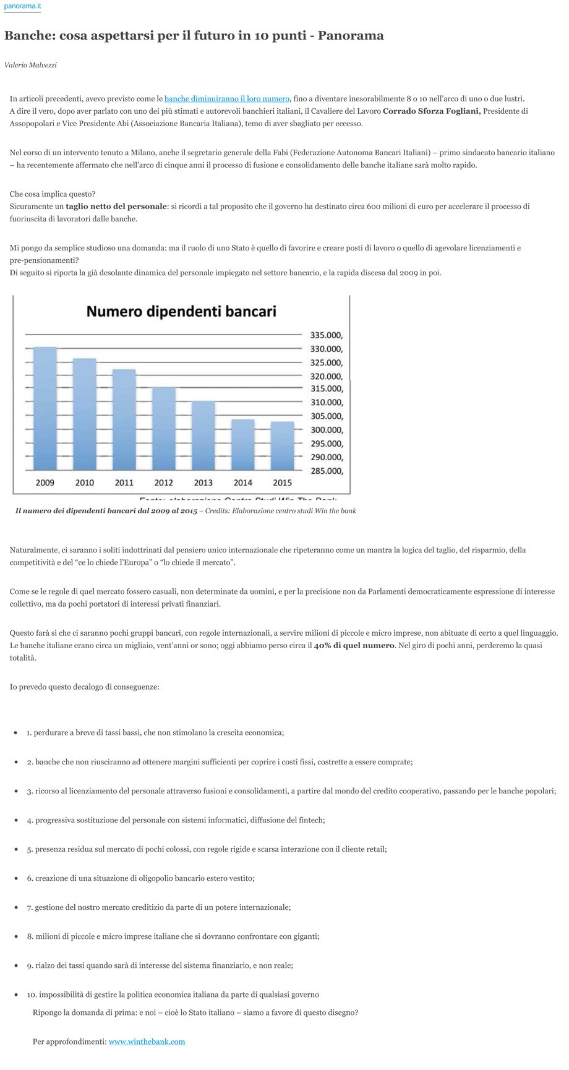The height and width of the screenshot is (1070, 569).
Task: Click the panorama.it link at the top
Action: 22,6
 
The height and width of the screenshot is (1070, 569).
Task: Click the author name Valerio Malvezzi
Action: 30,65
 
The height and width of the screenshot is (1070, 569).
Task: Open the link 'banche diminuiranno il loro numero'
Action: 226,98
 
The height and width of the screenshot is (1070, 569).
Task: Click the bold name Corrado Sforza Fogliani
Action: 431,111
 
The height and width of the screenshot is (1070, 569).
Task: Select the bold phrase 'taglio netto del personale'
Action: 116,206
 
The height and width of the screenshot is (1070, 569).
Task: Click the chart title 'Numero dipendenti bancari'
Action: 181,311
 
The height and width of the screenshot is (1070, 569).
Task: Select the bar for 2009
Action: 45,408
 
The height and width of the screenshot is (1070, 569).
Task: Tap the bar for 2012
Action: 164,428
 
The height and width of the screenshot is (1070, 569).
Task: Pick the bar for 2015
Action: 282,445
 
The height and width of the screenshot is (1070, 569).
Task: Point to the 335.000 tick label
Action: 326,335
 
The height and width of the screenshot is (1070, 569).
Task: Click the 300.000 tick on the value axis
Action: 326,430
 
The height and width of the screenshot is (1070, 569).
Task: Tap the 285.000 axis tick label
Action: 326,471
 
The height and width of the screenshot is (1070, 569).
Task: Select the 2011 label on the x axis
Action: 124,482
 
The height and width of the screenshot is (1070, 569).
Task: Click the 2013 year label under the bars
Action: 203,482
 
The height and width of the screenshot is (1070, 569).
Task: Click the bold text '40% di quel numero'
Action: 354,645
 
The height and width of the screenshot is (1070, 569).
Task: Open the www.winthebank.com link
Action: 147,1042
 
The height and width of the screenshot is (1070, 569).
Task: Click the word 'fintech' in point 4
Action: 310,820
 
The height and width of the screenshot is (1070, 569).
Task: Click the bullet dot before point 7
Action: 16,907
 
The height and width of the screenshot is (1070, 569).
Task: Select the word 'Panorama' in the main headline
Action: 351,35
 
